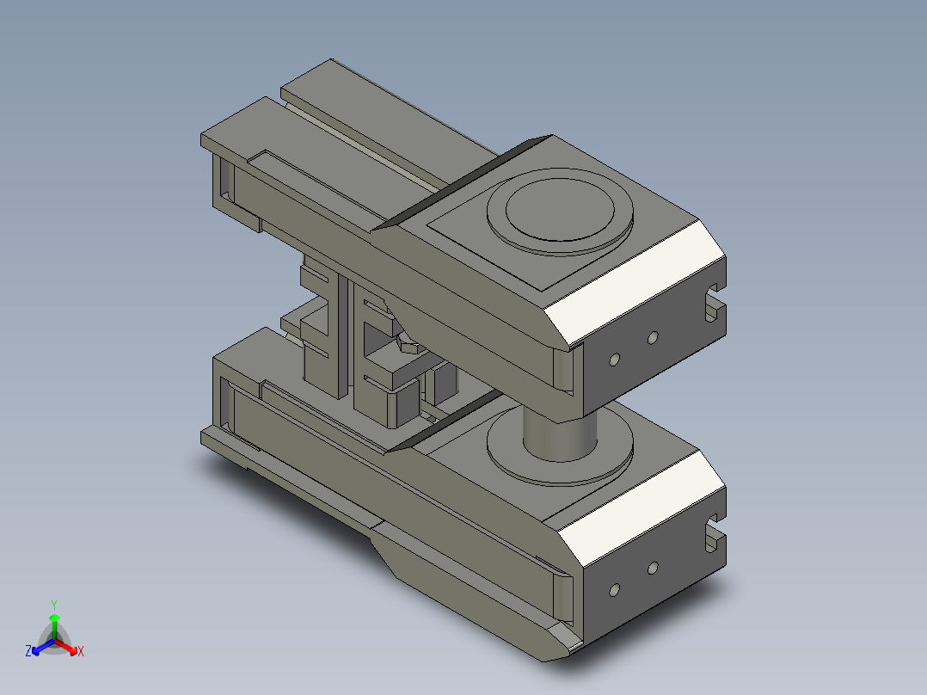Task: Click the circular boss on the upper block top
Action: point(559,210)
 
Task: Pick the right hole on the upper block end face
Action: point(652,336)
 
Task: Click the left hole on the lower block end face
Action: point(614,590)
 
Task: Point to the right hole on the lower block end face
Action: point(652,568)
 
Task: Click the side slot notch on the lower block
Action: point(714,535)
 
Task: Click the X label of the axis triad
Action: point(81,652)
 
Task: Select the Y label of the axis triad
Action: point(54,605)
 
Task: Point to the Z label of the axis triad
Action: point(28,652)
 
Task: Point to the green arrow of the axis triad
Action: point(54,624)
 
